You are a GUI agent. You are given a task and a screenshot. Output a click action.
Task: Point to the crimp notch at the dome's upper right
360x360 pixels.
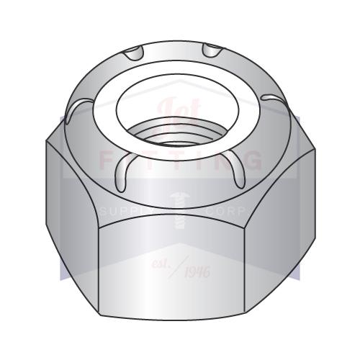coord(212,50)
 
